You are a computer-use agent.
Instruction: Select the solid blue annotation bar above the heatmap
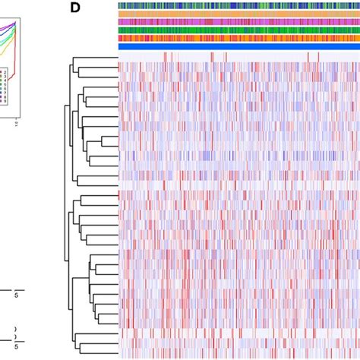239,46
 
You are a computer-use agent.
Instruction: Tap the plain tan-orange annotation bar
239,14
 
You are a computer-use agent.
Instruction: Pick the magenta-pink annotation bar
239,22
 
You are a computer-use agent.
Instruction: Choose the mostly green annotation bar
239,30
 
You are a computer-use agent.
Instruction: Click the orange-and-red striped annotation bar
239,38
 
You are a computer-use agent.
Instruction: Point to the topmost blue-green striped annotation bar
239,5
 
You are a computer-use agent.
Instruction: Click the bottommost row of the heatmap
239,354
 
